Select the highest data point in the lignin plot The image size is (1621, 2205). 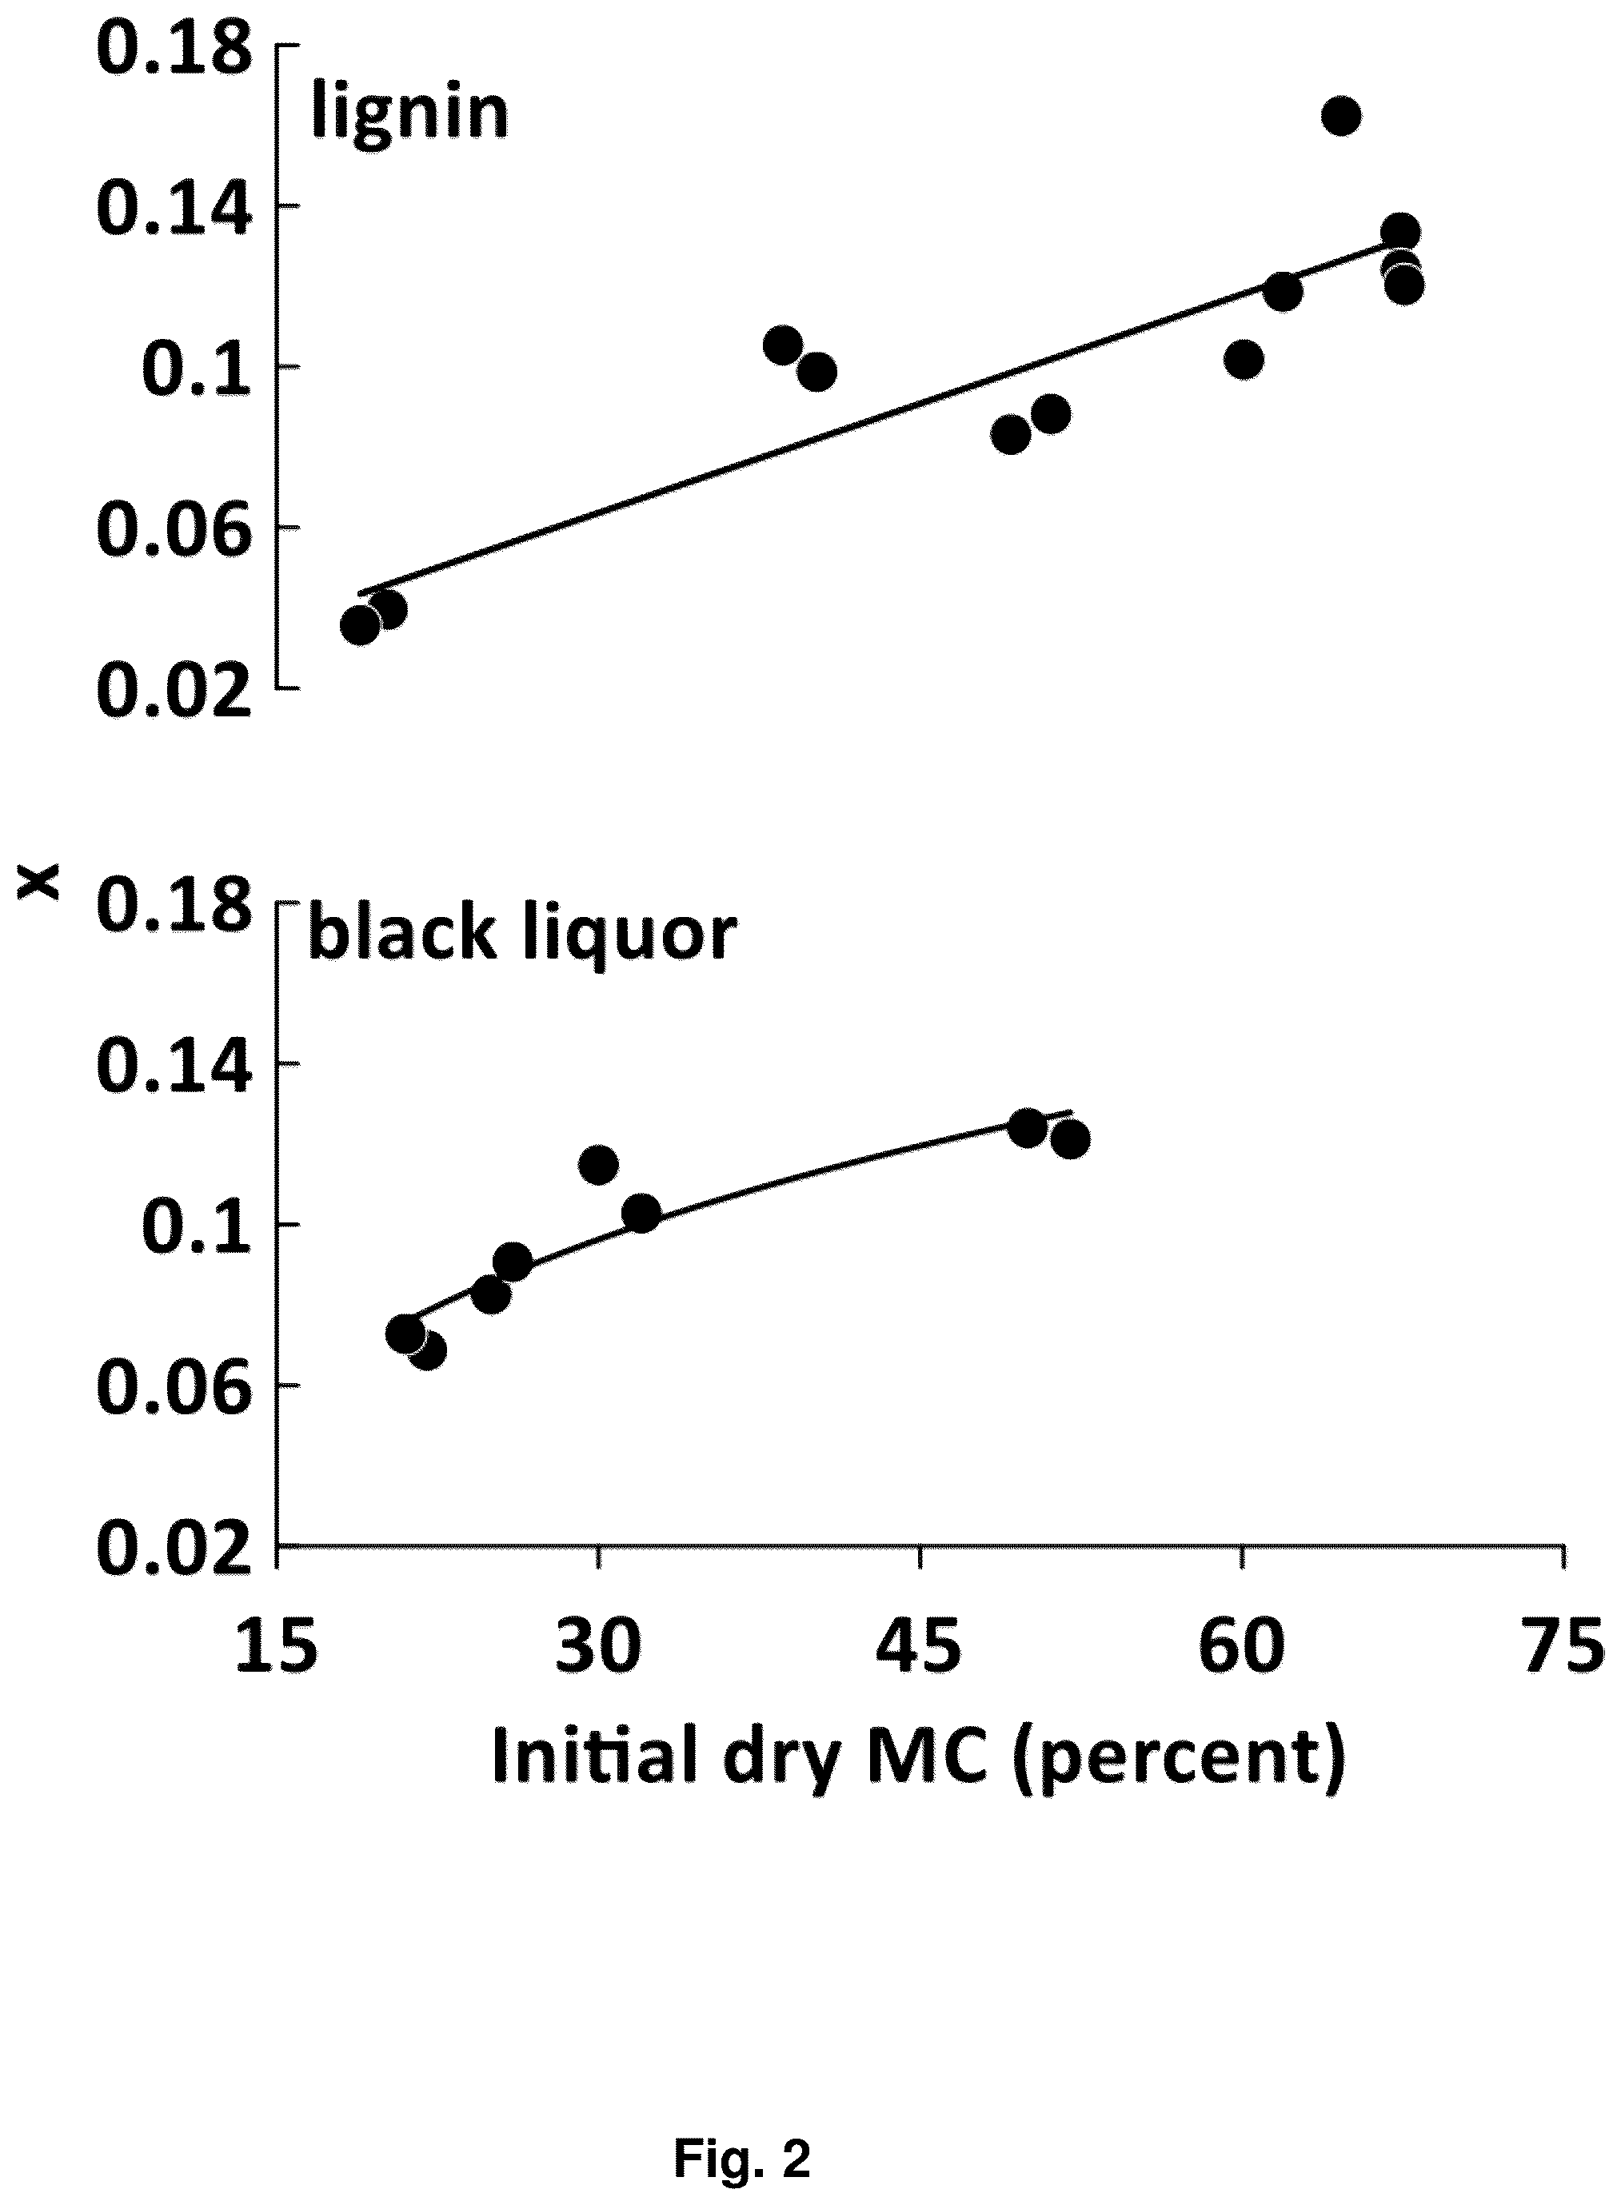tap(1340, 116)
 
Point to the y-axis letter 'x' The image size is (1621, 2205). tap(42, 885)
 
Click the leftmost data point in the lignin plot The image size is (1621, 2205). tap(360, 625)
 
